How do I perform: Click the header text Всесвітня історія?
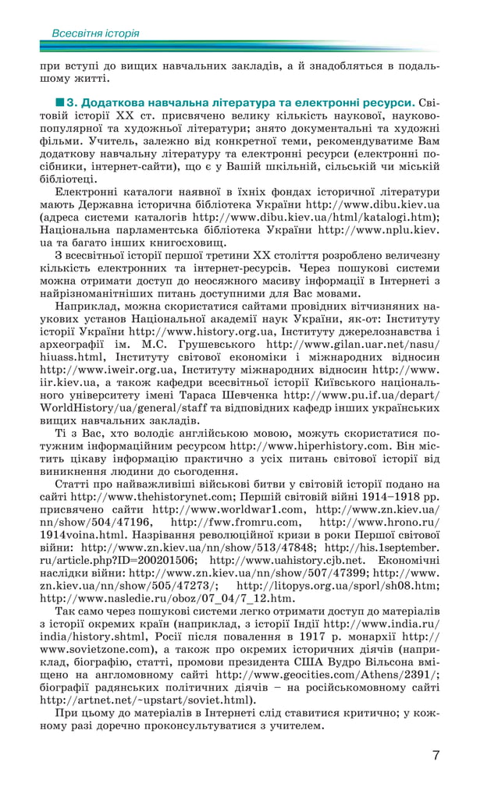coord(95,34)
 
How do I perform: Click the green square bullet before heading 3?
coord(59,102)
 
